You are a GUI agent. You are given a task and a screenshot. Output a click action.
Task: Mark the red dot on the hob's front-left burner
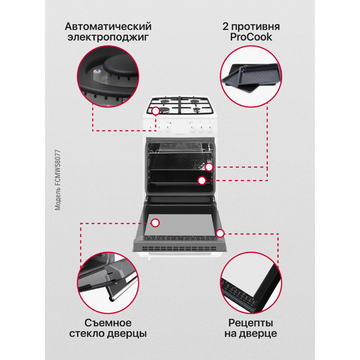tap(156, 111)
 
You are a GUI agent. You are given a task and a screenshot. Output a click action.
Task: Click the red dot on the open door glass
tap(155, 223)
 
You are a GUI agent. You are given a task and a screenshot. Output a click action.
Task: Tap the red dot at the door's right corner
tap(220, 232)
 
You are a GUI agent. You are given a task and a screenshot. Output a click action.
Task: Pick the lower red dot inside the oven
tap(202, 179)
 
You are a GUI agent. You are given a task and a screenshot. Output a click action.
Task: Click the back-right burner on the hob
tap(196, 103)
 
